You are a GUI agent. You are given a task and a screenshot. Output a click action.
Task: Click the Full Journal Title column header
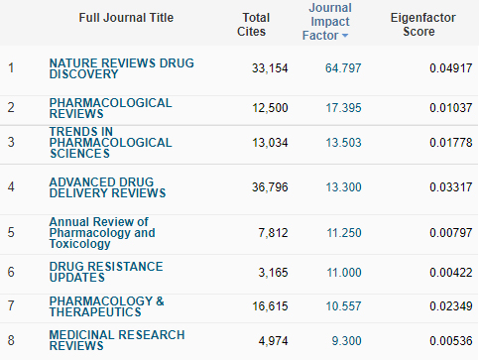126,18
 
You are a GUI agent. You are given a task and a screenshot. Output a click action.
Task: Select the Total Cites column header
253,25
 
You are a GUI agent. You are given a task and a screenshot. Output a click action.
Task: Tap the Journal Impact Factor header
325,22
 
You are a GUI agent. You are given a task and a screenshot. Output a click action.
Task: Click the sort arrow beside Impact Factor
345,36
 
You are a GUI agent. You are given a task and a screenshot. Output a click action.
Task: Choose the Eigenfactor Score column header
422,25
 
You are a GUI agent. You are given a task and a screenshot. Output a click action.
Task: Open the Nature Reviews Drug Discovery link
121,68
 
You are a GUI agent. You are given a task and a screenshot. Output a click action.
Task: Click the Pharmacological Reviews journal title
110,108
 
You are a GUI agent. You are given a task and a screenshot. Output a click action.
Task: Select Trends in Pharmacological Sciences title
110,143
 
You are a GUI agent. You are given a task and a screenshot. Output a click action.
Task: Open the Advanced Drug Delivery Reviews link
107,187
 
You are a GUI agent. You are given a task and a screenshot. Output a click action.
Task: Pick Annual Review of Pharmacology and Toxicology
102,232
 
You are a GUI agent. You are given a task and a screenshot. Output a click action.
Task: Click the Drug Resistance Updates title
106,272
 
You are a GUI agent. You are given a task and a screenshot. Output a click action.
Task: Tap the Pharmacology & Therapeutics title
106,306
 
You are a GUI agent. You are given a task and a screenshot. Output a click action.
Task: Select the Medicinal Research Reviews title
117,340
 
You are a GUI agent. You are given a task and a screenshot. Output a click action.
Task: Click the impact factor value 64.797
343,68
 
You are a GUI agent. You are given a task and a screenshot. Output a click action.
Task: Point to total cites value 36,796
270,187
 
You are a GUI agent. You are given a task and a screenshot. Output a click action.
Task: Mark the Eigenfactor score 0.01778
450,143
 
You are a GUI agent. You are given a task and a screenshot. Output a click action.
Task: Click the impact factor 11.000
344,273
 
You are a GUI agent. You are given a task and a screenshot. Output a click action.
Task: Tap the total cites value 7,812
273,233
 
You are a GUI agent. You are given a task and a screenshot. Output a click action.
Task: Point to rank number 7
11,305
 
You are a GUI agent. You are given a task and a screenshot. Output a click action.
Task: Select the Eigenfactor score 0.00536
450,341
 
